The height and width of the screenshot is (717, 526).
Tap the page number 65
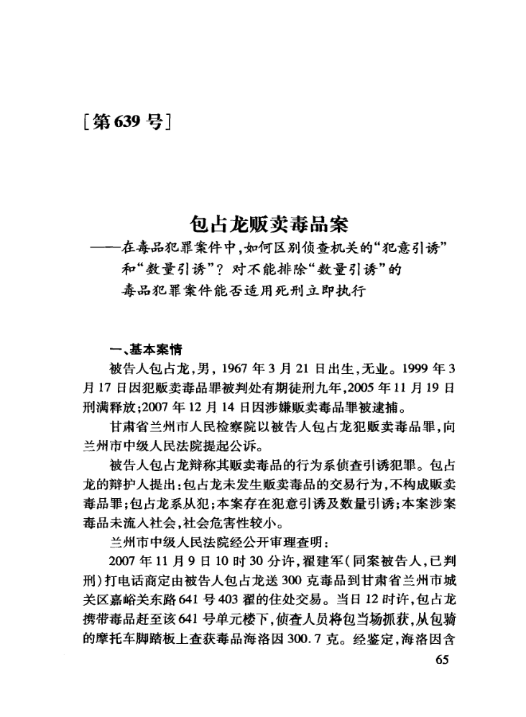tap(442, 660)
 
